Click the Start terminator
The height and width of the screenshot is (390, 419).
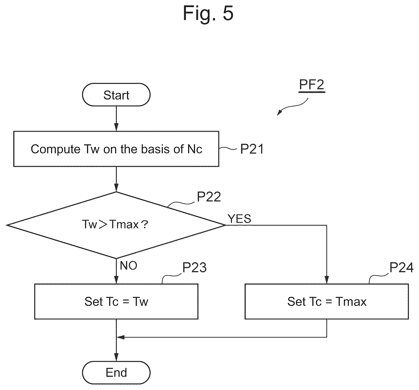point(116,95)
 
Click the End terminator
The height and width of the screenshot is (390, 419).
point(116,373)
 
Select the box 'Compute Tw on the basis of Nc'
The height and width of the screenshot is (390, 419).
point(116,149)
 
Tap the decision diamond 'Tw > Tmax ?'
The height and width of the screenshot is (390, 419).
point(116,225)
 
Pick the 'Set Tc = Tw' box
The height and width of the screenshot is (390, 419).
point(116,301)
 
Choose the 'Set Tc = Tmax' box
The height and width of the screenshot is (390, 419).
point(327,301)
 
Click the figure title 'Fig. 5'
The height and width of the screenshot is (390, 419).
point(208,13)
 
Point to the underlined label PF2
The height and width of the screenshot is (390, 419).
point(312,85)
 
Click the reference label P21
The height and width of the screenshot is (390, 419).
point(252,149)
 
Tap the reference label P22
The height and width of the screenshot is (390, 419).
point(209,197)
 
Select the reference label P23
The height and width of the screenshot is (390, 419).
point(195,268)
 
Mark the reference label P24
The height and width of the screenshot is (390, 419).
point(401,268)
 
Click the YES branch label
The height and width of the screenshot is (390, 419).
point(239,219)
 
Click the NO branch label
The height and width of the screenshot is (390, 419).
point(129,265)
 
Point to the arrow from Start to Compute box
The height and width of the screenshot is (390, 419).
point(116,119)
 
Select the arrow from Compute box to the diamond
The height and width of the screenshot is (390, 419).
point(116,179)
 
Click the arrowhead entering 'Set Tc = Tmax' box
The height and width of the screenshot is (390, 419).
point(327,280)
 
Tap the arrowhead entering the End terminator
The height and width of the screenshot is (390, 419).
point(116,358)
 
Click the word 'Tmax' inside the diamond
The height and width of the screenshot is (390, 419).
point(124,225)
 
